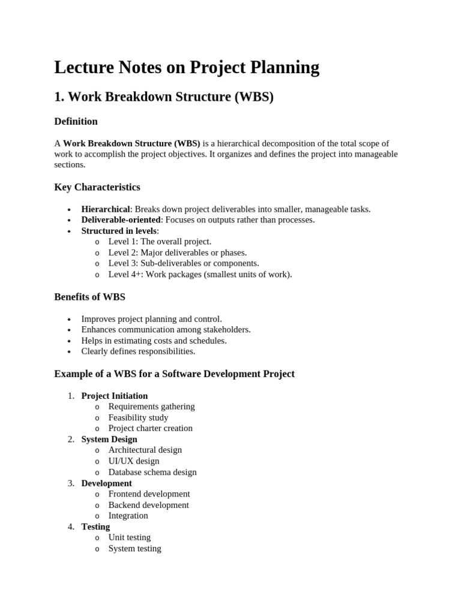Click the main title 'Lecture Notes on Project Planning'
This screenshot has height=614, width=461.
point(187,68)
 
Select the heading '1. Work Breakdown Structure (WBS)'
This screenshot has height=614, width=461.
point(164,97)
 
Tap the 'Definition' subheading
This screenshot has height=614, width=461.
point(76,122)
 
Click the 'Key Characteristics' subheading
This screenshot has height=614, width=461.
point(97,187)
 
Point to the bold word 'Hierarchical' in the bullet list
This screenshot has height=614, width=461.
point(106,209)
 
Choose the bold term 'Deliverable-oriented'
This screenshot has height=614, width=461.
point(121,220)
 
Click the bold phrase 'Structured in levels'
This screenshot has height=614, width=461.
point(119,231)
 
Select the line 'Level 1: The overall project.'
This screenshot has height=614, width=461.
point(160,242)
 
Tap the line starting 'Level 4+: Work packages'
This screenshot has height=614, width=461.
point(200,275)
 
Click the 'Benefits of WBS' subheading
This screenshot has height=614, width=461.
point(89,297)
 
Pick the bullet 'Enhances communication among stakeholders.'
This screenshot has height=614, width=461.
point(166,330)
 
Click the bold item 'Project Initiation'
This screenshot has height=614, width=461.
point(115,396)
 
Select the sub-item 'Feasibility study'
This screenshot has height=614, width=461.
point(138,417)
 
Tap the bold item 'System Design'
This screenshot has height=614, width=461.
point(109,440)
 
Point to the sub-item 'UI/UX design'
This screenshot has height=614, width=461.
point(134,461)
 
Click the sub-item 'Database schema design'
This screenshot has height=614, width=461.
point(152,472)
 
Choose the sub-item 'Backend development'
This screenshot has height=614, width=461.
point(148,505)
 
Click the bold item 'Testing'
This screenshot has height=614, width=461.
point(95,526)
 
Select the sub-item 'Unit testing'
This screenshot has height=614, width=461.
point(130,537)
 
